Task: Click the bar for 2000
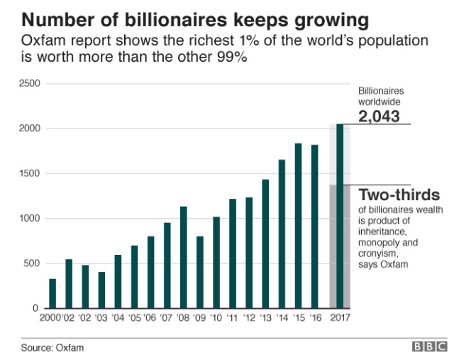pyautogui.click(x=52, y=293)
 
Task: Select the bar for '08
pyautogui.click(x=183, y=257)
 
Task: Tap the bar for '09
pyautogui.click(x=199, y=272)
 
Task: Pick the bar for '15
pyautogui.click(x=298, y=226)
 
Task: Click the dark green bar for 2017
pyautogui.click(x=340, y=216)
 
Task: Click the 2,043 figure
pyautogui.click(x=379, y=116)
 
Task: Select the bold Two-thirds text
pyautogui.click(x=399, y=195)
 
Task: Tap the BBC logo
pyautogui.click(x=430, y=347)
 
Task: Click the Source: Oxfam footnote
pyautogui.click(x=48, y=348)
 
